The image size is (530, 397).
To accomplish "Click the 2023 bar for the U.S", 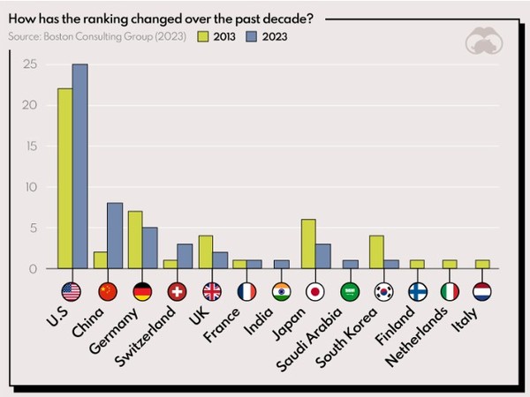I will click(80, 167).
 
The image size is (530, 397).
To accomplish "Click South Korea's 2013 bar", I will click(377, 252).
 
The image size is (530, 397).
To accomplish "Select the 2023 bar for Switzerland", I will click(185, 257).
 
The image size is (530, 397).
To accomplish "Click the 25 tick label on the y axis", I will click(30, 64).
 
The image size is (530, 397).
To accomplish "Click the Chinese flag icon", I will click(108, 292).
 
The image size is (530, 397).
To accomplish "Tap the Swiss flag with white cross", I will click(177, 292).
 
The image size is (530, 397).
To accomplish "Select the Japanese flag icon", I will click(315, 292).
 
